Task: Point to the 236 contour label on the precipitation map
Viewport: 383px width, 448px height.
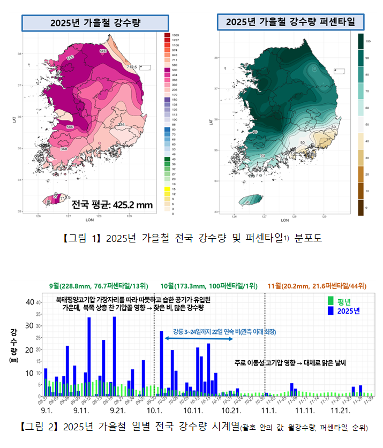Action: (121, 124)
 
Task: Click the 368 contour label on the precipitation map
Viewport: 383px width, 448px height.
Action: (63, 149)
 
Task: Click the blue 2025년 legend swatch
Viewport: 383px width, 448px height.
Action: (331, 311)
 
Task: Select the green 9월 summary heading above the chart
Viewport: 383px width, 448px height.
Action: (98, 285)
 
